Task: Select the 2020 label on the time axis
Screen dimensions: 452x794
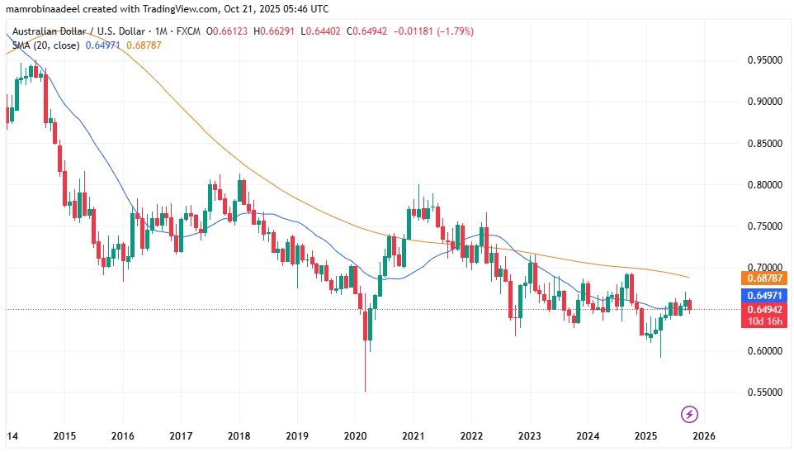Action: (x=355, y=435)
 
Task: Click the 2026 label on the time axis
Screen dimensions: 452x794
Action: (x=703, y=435)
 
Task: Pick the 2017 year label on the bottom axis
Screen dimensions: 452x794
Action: (x=181, y=435)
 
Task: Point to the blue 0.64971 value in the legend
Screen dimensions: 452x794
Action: (x=102, y=45)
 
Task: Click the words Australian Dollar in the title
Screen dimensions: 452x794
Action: (x=50, y=31)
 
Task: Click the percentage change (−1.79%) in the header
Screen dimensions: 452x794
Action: (x=454, y=31)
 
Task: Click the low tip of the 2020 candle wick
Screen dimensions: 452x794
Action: (x=365, y=392)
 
